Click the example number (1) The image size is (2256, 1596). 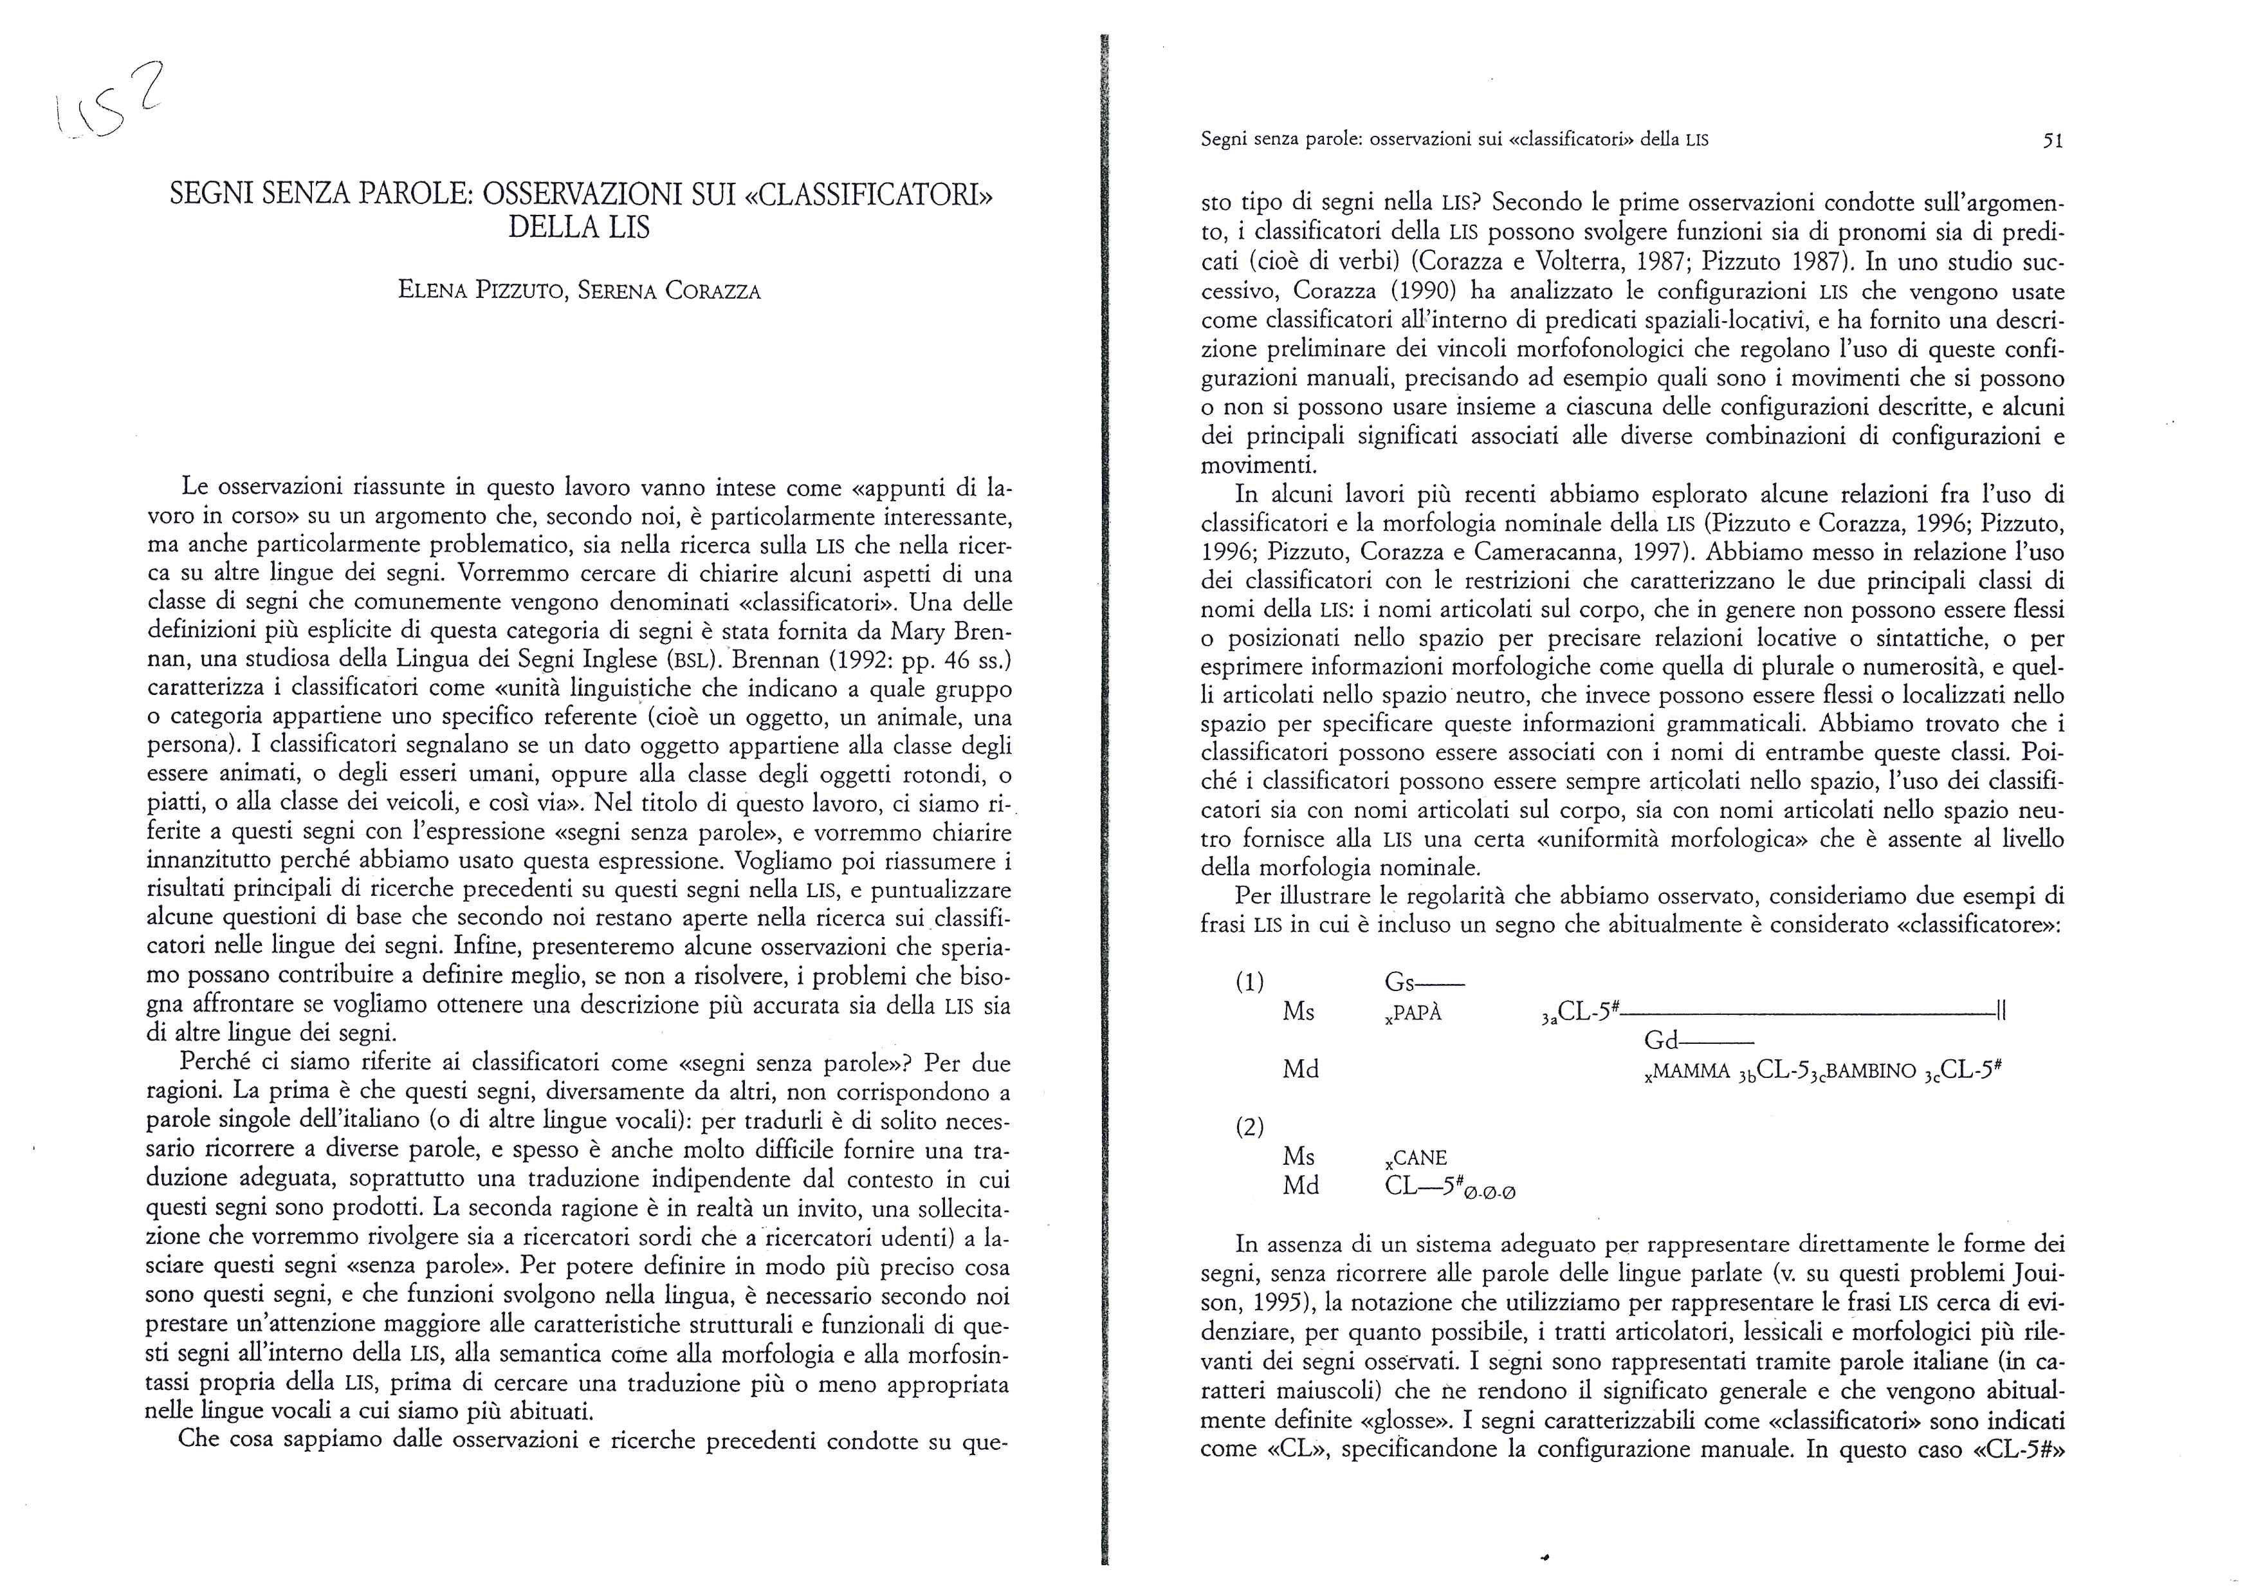[1250, 982]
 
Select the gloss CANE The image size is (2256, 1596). [1419, 1158]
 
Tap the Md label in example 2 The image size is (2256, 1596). [1301, 1186]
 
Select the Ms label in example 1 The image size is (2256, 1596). [1299, 1012]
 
